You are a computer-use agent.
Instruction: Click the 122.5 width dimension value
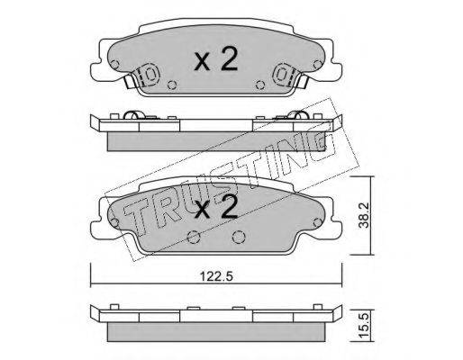click(x=216, y=276)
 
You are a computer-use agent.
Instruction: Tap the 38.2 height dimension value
click(x=364, y=215)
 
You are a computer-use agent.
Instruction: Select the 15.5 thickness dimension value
click(x=364, y=326)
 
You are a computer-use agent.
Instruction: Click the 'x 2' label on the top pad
click(x=216, y=59)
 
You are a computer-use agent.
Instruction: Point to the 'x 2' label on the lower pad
click(x=216, y=207)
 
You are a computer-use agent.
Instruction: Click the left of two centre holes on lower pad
click(x=194, y=238)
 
